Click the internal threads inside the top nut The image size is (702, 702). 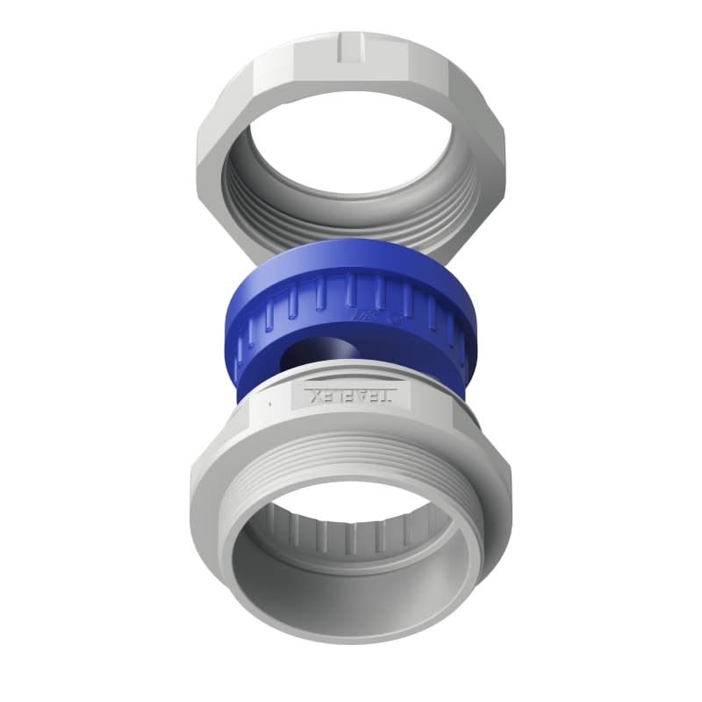tap(351, 211)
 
